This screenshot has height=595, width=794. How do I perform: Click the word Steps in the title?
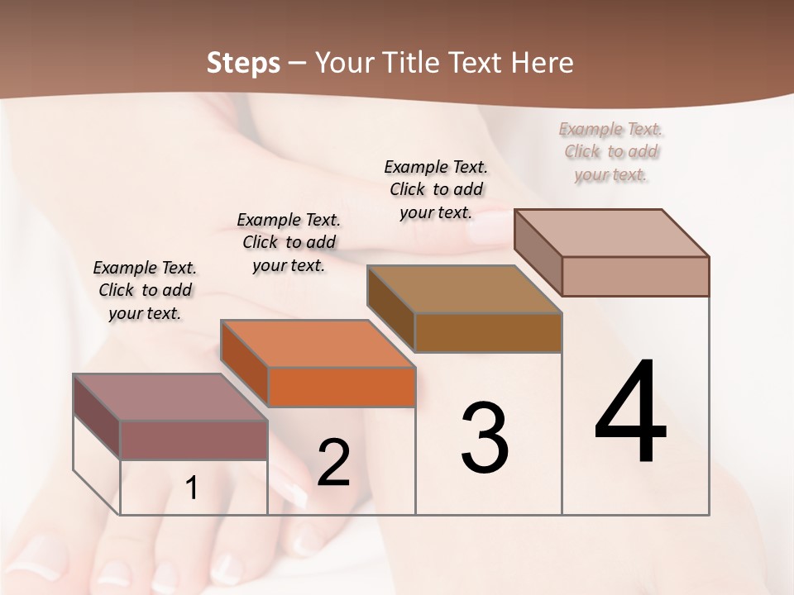(243, 63)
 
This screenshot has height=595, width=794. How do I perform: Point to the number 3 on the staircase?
(485, 438)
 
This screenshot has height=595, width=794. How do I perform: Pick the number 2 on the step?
(333, 463)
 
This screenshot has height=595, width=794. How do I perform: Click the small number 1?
(191, 488)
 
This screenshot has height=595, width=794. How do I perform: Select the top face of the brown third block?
(464, 289)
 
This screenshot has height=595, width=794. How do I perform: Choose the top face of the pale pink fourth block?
(611, 233)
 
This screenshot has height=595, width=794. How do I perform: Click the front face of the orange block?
(342, 387)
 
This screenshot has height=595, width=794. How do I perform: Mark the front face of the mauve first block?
(194, 440)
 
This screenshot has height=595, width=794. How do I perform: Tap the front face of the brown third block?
(488, 332)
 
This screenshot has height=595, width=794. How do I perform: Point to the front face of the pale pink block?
(635, 276)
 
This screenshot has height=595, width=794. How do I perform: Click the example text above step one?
(145, 290)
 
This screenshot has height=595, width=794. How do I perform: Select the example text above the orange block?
(289, 242)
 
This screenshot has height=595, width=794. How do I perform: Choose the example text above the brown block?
(436, 189)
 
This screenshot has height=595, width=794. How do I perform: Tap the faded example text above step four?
(611, 151)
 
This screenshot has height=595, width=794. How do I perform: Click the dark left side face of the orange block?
(245, 364)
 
